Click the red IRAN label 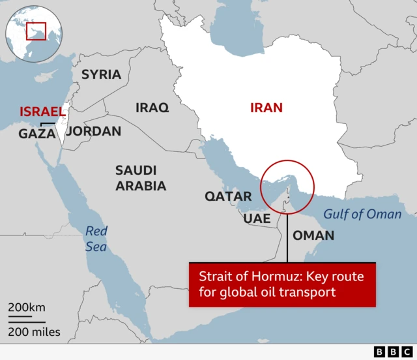(x=266, y=108)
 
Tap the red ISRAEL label (x=42, y=111)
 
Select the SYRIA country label (x=101, y=74)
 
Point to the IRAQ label (x=152, y=107)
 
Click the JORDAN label (x=94, y=131)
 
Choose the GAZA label (x=36, y=134)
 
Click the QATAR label (x=228, y=196)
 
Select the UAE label (x=257, y=218)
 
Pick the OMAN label (x=313, y=235)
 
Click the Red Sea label (x=96, y=238)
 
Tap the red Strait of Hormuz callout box (x=282, y=284)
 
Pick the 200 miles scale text (x=34, y=332)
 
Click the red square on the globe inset (x=36, y=30)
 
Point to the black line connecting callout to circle (x=287, y=238)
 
